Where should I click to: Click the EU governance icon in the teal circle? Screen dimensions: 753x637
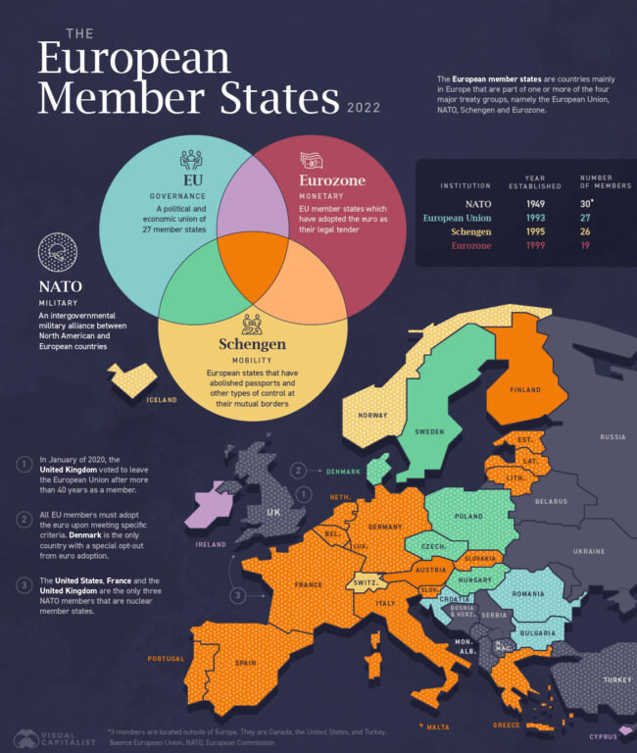[191, 158]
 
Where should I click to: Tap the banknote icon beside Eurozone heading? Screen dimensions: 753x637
[313, 160]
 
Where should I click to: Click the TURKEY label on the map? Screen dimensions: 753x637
[617, 679]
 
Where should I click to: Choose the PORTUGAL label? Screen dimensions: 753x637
[167, 659]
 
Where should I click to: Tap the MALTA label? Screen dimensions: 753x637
[438, 727]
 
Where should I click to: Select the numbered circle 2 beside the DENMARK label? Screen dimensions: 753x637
[297, 471]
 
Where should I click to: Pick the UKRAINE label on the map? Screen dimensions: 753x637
[589, 551]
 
